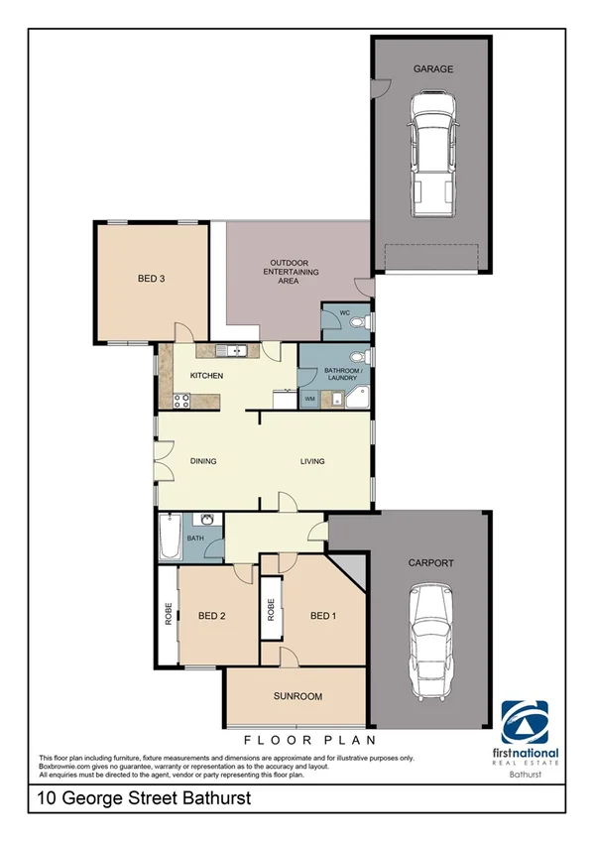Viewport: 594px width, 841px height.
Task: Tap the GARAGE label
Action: (433, 69)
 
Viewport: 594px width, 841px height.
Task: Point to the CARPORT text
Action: (431, 562)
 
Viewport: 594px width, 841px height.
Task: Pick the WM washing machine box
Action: (310, 398)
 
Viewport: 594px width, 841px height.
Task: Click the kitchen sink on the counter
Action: (235, 350)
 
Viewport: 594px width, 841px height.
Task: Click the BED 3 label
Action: (151, 279)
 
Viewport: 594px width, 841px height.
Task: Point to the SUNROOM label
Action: (297, 697)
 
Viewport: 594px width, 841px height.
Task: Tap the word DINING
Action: (202, 461)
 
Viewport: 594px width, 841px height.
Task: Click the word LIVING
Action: (313, 461)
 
